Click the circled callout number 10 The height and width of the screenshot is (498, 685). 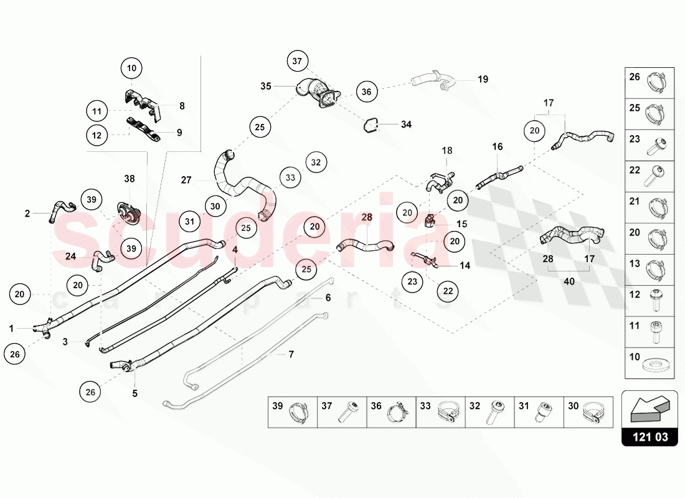coord(131,67)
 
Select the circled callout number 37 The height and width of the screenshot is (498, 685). coord(297,60)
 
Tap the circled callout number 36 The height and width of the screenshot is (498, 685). coord(366,92)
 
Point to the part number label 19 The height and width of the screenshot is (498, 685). coord(483,79)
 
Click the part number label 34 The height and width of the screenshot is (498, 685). coord(406,125)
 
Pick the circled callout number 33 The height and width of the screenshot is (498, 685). coord(290,177)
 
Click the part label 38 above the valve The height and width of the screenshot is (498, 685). coord(129,179)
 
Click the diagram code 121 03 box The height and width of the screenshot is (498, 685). coord(650,437)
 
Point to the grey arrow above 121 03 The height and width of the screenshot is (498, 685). coord(650,408)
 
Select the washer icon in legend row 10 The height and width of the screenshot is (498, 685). coord(654,362)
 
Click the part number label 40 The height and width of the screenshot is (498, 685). coord(569,281)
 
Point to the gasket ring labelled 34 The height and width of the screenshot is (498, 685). coord(372,125)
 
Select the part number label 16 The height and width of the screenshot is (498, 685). coord(497,147)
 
